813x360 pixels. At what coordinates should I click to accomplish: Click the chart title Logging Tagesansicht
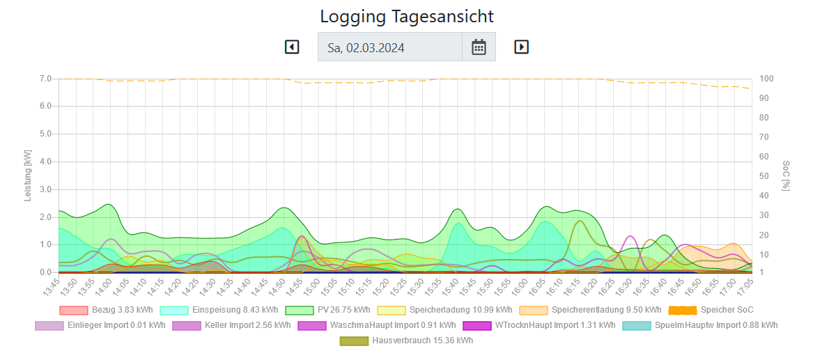pos(406,16)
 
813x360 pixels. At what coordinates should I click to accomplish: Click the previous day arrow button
pos(292,47)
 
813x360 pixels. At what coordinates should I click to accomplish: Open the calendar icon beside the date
pos(479,47)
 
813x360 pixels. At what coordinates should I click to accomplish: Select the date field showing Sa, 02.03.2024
pos(389,47)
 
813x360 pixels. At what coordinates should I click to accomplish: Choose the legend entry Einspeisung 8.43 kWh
pos(219,310)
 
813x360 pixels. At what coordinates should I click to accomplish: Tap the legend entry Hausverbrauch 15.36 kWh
pos(406,341)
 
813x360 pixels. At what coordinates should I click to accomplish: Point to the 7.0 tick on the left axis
pos(45,79)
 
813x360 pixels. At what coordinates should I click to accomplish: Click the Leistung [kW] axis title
pos(29,175)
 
